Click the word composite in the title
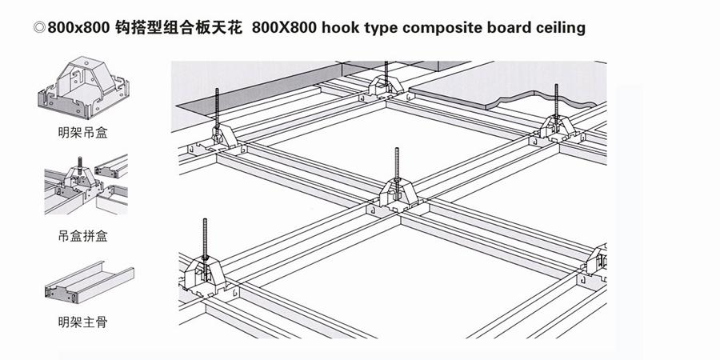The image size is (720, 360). click(432, 27)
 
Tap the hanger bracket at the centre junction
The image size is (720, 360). click(398, 193)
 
